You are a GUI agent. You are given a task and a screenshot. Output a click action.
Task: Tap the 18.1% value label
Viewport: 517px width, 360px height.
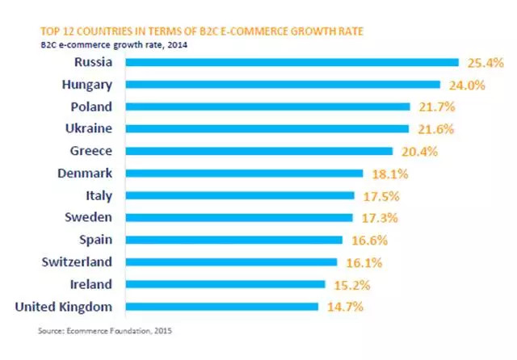392,173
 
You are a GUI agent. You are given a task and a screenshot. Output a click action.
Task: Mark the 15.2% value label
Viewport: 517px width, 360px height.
353,284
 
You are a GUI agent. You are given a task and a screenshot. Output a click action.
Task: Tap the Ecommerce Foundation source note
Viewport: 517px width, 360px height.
105,331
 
